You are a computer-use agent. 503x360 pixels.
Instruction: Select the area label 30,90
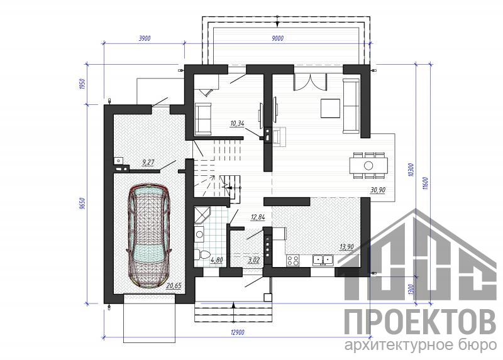pyautogui.click(x=378, y=190)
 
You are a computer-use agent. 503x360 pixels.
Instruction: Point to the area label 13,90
pyautogui.click(x=346, y=247)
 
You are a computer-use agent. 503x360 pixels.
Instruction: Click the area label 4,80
pyautogui.click(x=216, y=260)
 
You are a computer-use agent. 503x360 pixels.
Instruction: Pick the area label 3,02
pyautogui.click(x=253, y=260)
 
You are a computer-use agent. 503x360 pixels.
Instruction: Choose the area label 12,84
pyautogui.click(x=258, y=217)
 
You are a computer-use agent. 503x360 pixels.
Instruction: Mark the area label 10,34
pyautogui.click(x=238, y=123)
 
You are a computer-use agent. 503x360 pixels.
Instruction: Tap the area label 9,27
pyautogui.click(x=148, y=163)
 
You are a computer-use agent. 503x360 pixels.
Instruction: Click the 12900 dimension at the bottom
pyautogui.click(x=238, y=332)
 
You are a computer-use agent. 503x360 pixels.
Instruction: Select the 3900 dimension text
pyautogui.click(x=145, y=38)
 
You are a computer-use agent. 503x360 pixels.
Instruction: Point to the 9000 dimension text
pyautogui.click(x=277, y=38)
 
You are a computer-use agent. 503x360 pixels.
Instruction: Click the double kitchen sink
pyautogui.click(x=323, y=259)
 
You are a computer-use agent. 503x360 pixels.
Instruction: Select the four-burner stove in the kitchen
pyautogui.click(x=293, y=260)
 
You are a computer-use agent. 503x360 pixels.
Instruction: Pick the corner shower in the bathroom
pyautogui.click(x=202, y=215)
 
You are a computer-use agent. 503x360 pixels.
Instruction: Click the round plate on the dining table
pyautogui.click(x=368, y=165)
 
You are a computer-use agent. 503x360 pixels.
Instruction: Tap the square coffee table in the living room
pyautogui.click(x=330, y=109)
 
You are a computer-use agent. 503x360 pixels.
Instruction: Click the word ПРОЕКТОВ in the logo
pyautogui.click(x=420, y=322)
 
